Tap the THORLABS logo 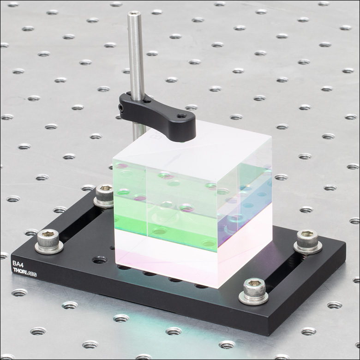25,271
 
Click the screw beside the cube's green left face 104,196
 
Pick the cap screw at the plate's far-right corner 308,241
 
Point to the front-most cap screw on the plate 254,291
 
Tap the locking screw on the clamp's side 121,108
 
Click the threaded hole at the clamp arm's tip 181,117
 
